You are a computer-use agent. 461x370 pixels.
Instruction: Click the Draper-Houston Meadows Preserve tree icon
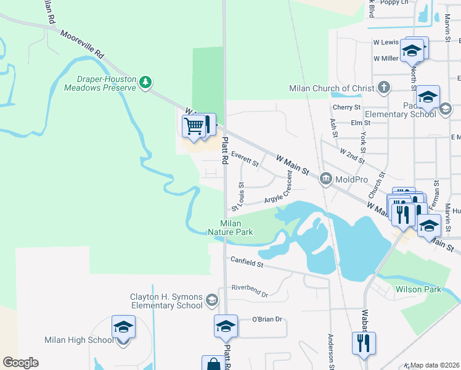[x=145, y=82]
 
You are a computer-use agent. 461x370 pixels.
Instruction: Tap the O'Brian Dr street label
[x=267, y=319]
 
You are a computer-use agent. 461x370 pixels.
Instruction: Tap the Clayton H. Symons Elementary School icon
[x=212, y=300]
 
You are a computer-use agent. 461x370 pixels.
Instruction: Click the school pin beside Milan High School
[x=123, y=327]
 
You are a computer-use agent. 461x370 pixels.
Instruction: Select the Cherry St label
[x=346, y=107]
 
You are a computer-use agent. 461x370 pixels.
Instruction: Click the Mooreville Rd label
[x=83, y=43]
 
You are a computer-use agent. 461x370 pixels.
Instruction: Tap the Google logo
[x=20, y=363]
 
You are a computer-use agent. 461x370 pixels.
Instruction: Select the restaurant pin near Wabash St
[x=363, y=342]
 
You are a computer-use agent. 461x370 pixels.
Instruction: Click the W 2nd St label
[x=352, y=155]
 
